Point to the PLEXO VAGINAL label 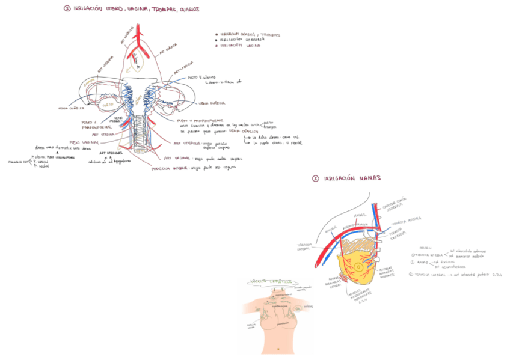click(x=84, y=142)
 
